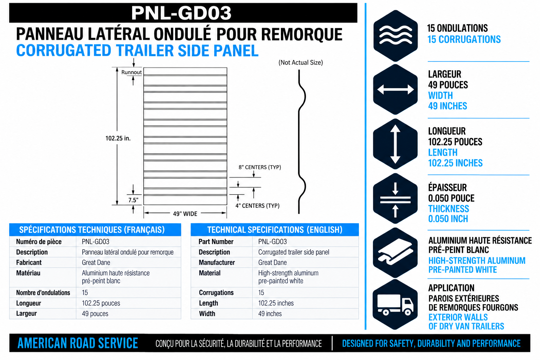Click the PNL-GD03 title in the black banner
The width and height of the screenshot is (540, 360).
tap(181, 13)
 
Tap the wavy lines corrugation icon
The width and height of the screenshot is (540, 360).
tap(396, 35)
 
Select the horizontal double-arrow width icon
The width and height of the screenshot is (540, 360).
tap(396, 89)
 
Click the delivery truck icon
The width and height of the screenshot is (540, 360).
tap(396, 304)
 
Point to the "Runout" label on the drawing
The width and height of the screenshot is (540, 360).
tap(131, 72)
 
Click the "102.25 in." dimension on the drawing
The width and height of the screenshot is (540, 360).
tap(118, 138)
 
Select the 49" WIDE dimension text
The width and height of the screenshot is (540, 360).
tap(185, 214)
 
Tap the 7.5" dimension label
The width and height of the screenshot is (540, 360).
tap(133, 200)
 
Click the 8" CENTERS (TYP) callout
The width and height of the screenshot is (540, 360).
tap(260, 167)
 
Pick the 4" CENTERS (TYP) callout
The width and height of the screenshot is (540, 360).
tap(257, 206)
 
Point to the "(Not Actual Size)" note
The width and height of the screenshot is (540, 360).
tap(301, 63)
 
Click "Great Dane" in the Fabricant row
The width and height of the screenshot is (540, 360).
tap(96, 262)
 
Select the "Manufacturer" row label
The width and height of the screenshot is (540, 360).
tap(217, 262)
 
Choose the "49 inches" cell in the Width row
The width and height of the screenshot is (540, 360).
tap(270, 314)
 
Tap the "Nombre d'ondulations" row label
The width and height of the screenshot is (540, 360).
tap(43, 293)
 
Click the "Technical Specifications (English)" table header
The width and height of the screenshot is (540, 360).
tap(275, 230)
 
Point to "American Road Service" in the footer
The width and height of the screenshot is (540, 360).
tap(78, 343)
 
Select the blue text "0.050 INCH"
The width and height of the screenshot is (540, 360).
tap(448, 219)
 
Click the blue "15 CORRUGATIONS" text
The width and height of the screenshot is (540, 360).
tap(464, 39)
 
